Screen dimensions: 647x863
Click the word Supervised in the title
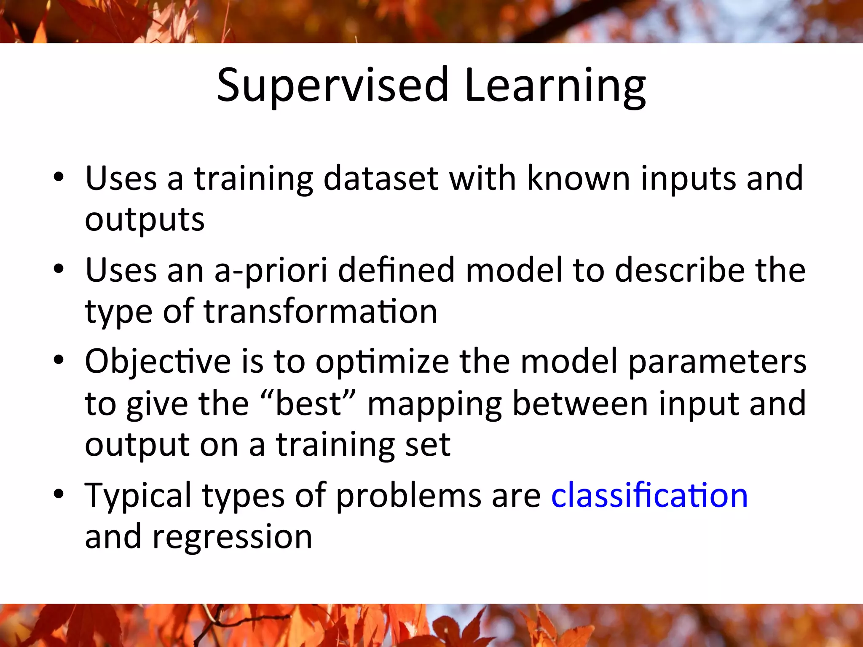(x=333, y=86)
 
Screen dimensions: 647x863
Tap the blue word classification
(x=649, y=495)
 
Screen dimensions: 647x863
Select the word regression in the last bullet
(x=232, y=537)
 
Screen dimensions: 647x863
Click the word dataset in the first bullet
(x=381, y=179)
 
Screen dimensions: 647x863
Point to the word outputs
(x=145, y=220)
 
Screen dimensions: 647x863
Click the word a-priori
(x=271, y=270)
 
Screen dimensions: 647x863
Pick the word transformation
(x=321, y=312)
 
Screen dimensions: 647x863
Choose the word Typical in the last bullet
(x=138, y=496)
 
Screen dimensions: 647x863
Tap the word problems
(x=408, y=496)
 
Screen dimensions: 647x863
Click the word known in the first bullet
(x=579, y=179)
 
